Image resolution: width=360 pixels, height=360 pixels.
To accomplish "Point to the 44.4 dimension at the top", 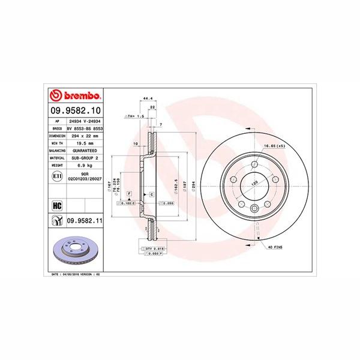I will point(145,98).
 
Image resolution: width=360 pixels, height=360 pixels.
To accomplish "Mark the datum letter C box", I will point(151,196).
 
